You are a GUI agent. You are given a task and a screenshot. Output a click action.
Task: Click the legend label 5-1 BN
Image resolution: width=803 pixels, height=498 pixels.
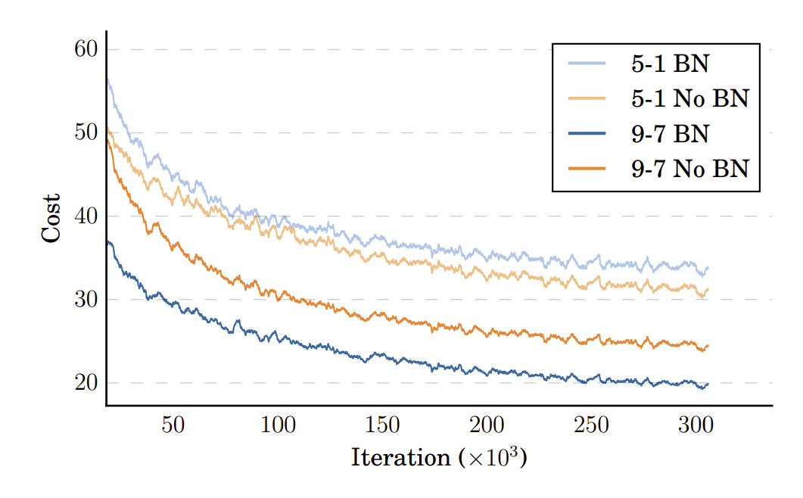(x=670, y=64)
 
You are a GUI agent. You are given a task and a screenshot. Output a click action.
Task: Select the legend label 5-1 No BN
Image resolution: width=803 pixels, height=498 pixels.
(x=689, y=98)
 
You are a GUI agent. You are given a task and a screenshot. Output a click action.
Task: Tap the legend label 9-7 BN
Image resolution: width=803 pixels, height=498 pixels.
(x=670, y=134)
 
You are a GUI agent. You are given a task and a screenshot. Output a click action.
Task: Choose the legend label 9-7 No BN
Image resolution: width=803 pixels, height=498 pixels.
(x=689, y=169)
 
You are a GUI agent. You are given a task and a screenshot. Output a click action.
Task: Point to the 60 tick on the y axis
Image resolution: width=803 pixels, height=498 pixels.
(x=86, y=50)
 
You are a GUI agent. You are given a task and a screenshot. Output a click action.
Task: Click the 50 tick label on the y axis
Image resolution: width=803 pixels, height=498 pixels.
(x=86, y=132)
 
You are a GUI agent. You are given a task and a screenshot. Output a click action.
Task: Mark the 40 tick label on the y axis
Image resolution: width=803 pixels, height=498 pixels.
(x=86, y=216)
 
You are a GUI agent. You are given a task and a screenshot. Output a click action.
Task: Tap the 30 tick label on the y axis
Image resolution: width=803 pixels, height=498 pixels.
(x=86, y=300)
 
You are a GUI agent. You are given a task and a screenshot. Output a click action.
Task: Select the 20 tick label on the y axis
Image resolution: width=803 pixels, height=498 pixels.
(x=86, y=383)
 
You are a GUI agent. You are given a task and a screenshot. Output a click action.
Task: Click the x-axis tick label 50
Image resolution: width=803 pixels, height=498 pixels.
(x=173, y=425)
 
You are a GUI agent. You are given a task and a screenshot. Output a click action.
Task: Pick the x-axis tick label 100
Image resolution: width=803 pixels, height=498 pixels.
(x=277, y=425)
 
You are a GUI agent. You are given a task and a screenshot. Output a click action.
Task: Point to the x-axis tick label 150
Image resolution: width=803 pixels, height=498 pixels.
(x=382, y=425)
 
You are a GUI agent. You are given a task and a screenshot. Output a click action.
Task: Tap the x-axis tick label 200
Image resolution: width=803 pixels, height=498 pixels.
(x=487, y=425)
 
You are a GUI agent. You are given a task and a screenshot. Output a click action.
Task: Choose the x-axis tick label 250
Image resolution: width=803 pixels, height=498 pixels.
(x=591, y=425)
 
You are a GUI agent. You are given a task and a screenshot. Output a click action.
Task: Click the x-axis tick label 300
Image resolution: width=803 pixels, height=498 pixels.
(x=696, y=425)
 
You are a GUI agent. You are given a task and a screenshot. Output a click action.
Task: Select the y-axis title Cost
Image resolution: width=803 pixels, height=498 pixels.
(x=51, y=219)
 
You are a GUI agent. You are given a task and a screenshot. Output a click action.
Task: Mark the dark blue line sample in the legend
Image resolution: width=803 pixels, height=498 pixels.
(x=587, y=134)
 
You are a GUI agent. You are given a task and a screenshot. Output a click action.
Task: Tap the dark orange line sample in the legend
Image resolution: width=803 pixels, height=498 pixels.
(x=587, y=169)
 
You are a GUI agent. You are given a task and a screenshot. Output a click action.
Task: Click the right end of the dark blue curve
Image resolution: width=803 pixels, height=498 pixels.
(x=708, y=384)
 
